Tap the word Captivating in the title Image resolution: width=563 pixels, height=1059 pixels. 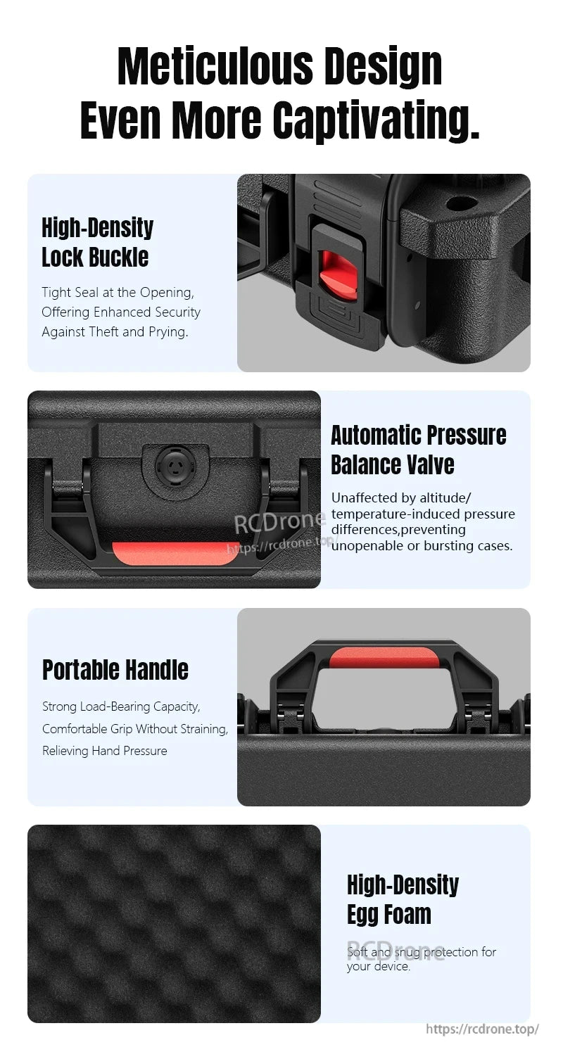[x=376, y=120]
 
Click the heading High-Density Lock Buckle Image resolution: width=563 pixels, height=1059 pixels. [x=97, y=242]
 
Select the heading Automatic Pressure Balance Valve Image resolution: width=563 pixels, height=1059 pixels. [x=418, y=450]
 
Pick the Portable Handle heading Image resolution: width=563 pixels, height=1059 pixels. [x=115, y=670]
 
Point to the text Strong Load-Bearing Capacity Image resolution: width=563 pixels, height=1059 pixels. [x=121, y=706]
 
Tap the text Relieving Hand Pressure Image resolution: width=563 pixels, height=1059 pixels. [x=105, y=751]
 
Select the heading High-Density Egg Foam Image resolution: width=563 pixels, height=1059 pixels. [x=403, y=899]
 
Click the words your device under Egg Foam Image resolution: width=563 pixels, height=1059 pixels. [x=378, y=967]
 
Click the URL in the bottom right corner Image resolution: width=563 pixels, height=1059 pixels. [x=482, y=1029]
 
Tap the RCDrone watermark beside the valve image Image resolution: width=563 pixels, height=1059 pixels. [x=279, y=524]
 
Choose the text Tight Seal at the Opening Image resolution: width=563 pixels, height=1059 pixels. [x=118, y=292]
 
